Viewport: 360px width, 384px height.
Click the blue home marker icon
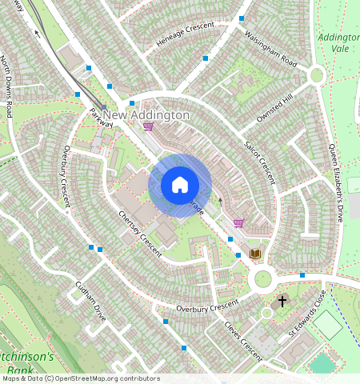pyautogui.click(x=180, y=185)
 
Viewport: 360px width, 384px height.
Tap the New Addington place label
pyautogui.click(x=147, y=115)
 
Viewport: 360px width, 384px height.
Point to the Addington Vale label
pyautogui.click(x=338, y=42)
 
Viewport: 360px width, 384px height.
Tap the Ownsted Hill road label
pyautogui.click(x=275, y=106)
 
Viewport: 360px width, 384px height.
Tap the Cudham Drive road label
pyautogui.click(x=90, y=301)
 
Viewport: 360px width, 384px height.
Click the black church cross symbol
pyautogui.click(x=282, y=301)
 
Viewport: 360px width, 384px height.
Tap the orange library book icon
pyautogui.click(x=255, y=254)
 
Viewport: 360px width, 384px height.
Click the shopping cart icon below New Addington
pyautogui.click(x=147, y=126)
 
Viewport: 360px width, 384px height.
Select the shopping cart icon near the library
pyautogui.click(x=238, y=223)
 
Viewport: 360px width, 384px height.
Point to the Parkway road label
pyautogui.click(x=101, y=117)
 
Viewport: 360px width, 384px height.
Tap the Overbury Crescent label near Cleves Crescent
pyautogui.click(x=207, y=306)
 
